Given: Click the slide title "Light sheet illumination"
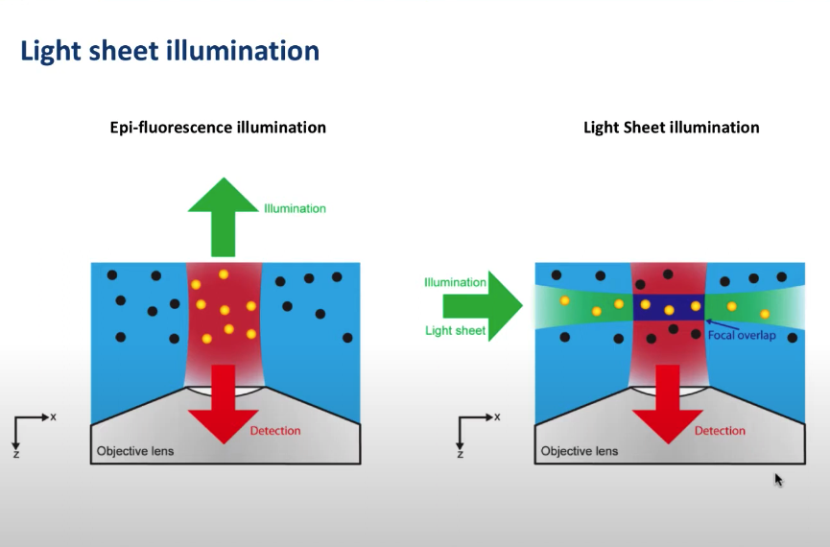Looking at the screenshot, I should coord(169,51).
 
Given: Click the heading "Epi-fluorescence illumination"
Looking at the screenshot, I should coord(218,128).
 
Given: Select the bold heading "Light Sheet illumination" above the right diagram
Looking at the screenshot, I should coord(672,128).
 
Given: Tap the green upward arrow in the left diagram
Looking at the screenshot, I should coord(223,217).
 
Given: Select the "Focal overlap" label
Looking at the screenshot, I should coord(743,335).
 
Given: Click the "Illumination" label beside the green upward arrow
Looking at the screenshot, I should coord(295,208).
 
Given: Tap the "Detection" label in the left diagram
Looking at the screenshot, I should coord(275,431).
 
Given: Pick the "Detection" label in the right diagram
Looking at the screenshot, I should coord(720,431).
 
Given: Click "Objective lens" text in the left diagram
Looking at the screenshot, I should coord(135,451).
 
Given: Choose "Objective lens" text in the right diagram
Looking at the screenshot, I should coord(580,451).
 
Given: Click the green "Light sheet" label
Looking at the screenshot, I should coord(456,331).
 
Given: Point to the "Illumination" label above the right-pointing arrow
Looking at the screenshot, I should coord(455,282).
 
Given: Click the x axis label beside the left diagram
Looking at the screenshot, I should coord(54,416).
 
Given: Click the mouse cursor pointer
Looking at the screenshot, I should coord(778,479).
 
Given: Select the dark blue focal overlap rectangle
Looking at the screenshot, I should coord(669,307).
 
